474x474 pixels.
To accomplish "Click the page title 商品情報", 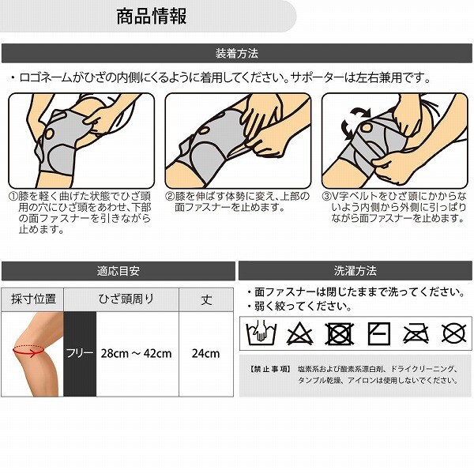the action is (x=152, y=17).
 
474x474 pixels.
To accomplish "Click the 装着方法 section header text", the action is (x=237, y=54).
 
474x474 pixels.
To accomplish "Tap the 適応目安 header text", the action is (x=118, y=271).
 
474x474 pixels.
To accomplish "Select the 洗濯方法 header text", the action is (x=355, y=271).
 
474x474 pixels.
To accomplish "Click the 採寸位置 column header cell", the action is (x=32, y=299).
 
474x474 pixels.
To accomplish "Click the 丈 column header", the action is (x=206, y=299).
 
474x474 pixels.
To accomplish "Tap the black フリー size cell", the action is (x=80, y=354).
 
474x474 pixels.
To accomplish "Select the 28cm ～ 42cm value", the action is (x=137, y=353).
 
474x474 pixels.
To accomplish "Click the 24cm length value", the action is (x=205, y=353).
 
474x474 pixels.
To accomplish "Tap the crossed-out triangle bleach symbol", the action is (x=299, y=333).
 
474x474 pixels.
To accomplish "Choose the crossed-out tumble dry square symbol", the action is (x=339, y=333).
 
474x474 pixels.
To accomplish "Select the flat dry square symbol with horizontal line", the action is (x=379, y=333).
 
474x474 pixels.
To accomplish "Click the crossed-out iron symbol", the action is (x=416, y=334).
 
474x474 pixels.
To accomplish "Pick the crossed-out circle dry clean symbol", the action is (x=454, y=333).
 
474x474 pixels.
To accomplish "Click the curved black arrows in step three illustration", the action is (x=354, y=123).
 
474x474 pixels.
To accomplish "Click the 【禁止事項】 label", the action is (x=270, y=369).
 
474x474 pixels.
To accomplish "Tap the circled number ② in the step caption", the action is (x=170, y=197).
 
